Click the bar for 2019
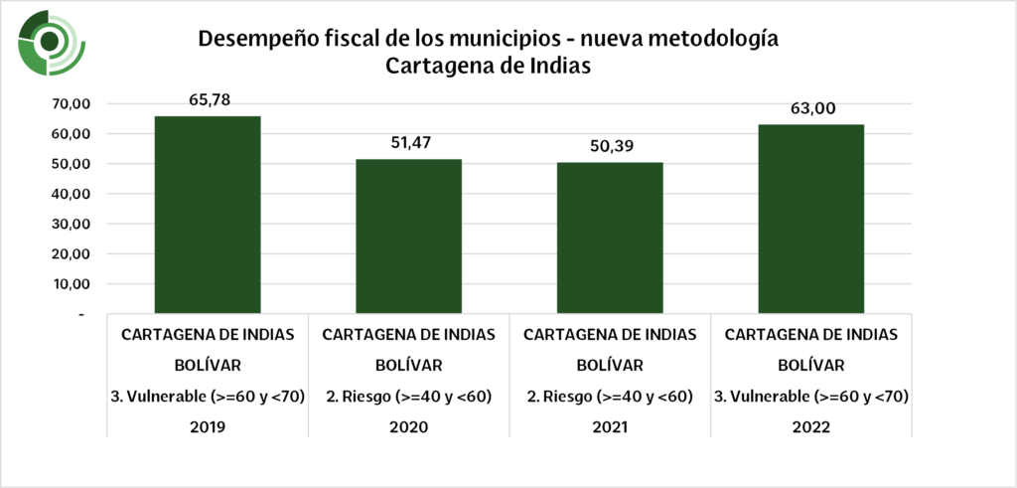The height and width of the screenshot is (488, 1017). point(208,215)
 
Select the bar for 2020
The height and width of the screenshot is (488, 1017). point(408,236)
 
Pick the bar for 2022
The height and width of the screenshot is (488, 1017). point(810,219)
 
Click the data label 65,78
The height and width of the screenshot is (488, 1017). point(208,99)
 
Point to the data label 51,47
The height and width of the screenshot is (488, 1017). point(408,143)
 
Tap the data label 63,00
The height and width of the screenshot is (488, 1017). point(811,108)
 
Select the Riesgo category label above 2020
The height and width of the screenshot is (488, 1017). point(408,396)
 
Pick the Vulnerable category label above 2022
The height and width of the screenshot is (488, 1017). point(811,396)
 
